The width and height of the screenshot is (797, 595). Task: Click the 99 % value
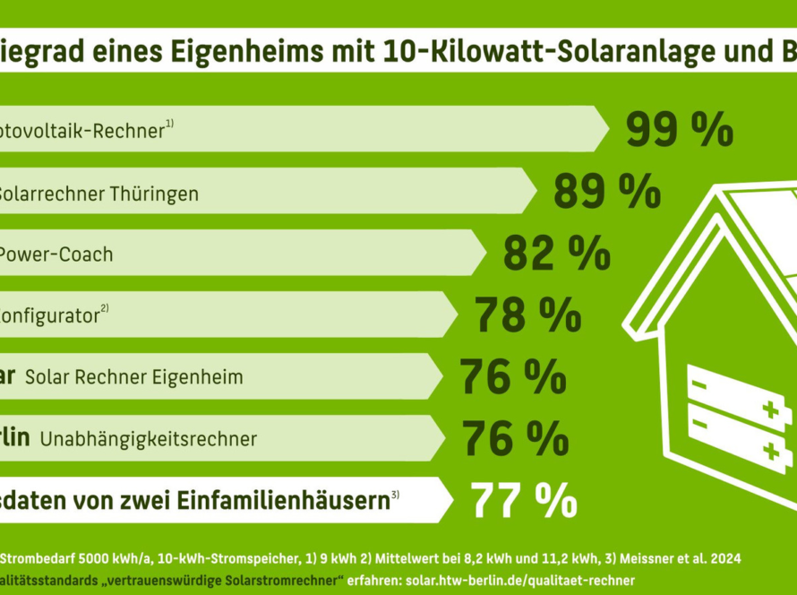679,130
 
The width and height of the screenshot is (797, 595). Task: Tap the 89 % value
606,192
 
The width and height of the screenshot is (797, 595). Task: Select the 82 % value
556,254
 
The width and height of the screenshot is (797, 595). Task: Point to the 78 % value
527,315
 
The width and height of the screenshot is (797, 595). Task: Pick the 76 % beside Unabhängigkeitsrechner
515,438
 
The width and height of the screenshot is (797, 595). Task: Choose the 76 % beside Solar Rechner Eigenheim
512,376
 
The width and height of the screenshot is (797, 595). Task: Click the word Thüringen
160,193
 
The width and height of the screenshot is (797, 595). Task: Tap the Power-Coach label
55,254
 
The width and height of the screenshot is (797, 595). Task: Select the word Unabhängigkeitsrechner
148,439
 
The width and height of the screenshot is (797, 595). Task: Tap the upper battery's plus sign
769,410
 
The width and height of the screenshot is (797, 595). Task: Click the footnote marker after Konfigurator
104,309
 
